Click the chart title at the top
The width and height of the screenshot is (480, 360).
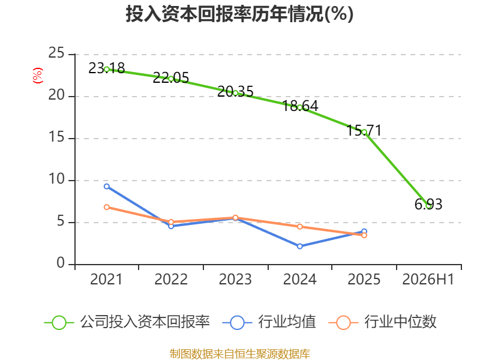(239, 14)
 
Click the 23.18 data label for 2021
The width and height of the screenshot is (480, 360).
(107, 68)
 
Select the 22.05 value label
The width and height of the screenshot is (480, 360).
(171, 78)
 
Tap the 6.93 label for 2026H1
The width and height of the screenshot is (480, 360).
(428, 204)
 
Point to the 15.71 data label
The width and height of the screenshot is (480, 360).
(364, 130)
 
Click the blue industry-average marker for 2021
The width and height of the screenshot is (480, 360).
(107, 187)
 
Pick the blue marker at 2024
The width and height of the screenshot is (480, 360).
(299, 246)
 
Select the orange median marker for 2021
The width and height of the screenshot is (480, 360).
(107, 207)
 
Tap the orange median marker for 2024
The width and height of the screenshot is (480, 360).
(299, 227)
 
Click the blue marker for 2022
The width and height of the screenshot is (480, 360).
(171, 226)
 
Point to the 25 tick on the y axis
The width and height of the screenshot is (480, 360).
(56, 53)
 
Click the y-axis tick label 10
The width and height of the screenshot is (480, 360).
(56, 179)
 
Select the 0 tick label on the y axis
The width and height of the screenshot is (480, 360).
(61, 263)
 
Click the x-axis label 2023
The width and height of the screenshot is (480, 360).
(235, 279)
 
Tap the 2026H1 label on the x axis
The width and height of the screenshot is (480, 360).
(428, 279)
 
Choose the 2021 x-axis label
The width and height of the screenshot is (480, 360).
(106, 279)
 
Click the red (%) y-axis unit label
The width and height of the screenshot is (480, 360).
(38, 76)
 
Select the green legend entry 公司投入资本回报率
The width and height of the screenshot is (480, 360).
(127, 322)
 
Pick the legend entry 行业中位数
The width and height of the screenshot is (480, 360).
(382, 322)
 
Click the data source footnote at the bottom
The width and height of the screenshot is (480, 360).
(239, 354)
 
